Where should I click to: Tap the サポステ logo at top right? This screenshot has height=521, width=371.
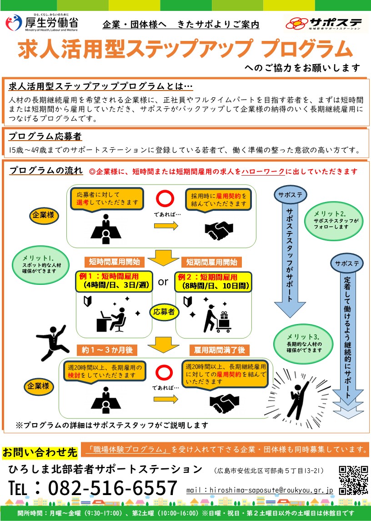point(322,22)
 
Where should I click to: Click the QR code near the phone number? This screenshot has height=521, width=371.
point(353,480)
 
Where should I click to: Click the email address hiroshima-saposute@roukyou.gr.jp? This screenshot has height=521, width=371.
point(260,491)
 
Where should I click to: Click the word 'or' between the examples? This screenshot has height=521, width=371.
point(163,282)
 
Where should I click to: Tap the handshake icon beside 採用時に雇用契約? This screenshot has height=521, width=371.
point(219,230)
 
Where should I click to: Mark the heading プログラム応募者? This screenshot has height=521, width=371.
point(45,137)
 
